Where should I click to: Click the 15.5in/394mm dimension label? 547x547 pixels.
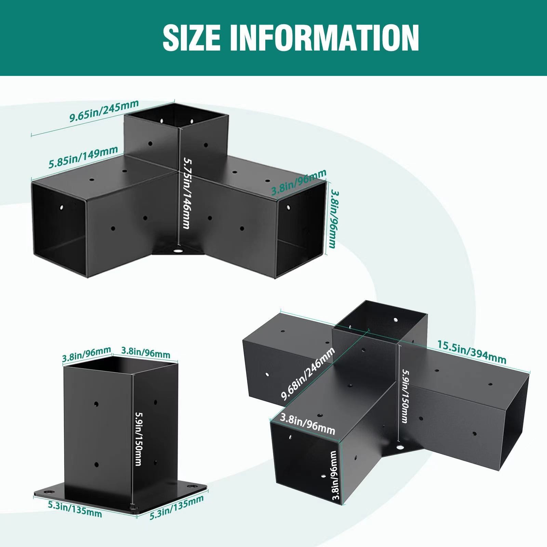pos(472,352)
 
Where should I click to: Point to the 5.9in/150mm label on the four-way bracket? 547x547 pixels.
pos(405,396)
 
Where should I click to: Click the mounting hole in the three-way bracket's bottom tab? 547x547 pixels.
pos(178,251)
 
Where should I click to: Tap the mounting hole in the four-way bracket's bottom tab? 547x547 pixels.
pos(399,447)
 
